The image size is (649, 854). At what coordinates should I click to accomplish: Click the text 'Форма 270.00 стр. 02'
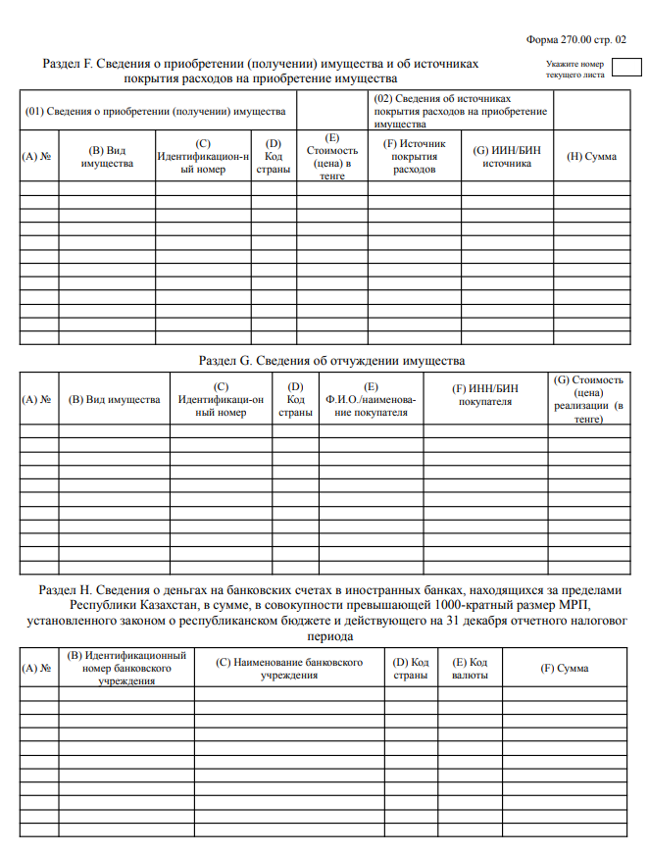575,39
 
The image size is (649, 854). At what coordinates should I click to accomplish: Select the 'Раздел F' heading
261,70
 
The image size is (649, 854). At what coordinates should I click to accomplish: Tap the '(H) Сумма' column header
592,157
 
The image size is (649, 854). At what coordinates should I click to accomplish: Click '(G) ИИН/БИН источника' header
507,157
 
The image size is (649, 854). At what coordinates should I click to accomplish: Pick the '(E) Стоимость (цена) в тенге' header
332,157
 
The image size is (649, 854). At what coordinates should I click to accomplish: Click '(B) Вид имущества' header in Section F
107,157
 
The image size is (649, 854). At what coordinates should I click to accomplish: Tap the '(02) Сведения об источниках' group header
460,113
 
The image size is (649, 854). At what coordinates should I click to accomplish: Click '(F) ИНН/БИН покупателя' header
484,395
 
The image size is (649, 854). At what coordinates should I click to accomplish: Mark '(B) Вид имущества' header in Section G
114,400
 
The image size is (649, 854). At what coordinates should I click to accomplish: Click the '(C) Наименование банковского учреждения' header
288,669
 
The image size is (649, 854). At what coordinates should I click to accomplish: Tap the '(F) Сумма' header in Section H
565,669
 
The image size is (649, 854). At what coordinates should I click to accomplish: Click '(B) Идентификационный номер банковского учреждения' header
125,668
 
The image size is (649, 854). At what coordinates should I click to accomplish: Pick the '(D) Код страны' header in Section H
411,669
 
